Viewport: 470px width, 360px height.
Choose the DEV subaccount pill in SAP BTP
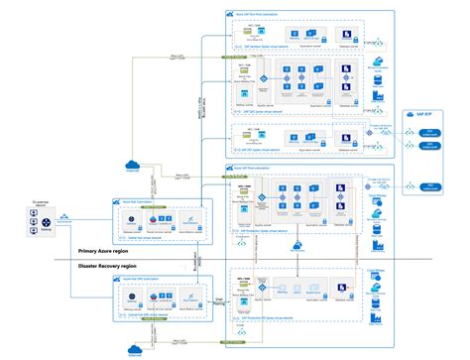click(x=429, y=130)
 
